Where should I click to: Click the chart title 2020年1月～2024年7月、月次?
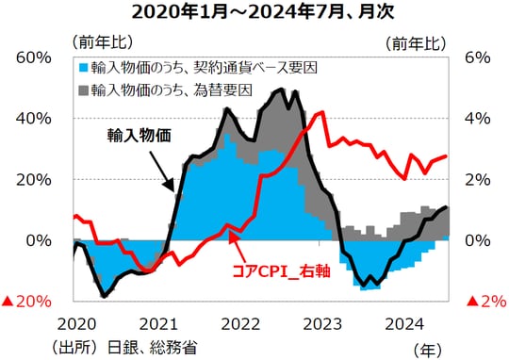point(254,13)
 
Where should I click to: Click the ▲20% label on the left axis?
point(26,302)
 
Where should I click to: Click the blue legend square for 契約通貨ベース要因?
point(84,68)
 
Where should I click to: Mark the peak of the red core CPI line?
point(322,112)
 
